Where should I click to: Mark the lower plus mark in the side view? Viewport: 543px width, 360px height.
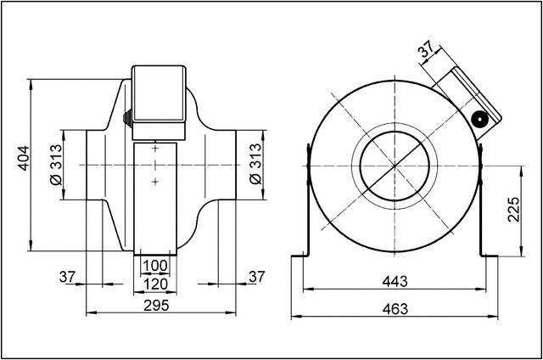coord(156,181)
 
